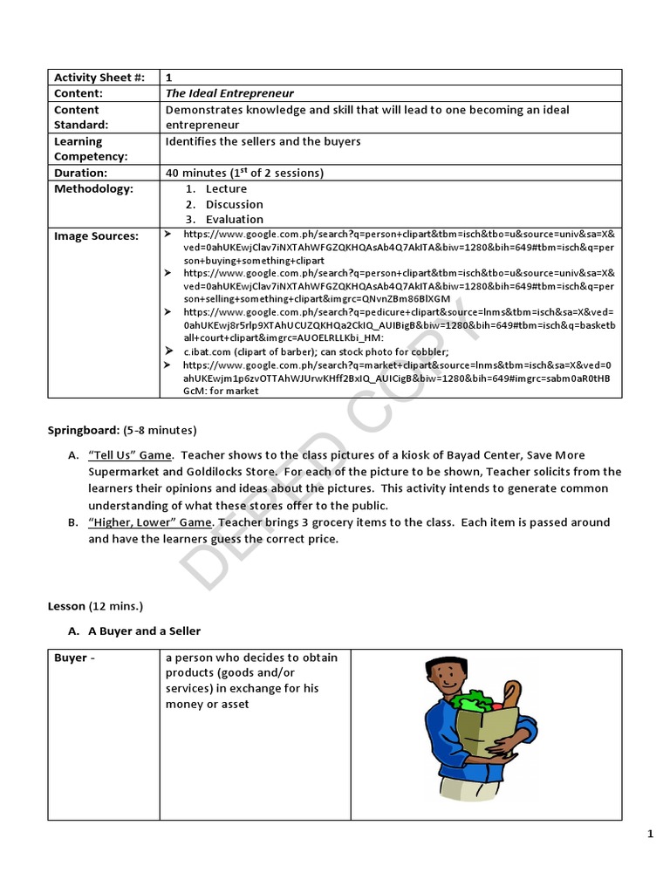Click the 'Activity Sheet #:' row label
(x=99, y=78)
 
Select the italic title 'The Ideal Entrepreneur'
(x=229, y=93)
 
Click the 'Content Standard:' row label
(x=77, y=117)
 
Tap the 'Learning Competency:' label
(x=91, y=148)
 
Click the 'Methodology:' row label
(x=93, y=188)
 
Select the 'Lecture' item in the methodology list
(x=226, y=188)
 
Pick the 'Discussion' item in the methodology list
(x=234, y=204)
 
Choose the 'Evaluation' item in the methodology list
(x=234, y=220)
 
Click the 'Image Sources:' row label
(x=96, y=235)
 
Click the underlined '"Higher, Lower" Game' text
(x=149, y=522)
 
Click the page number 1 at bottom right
(x=650, y=835)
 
